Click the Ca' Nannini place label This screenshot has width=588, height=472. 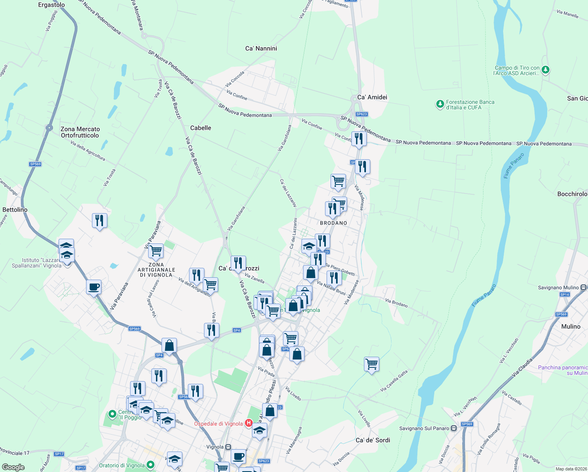[x=261, y=48]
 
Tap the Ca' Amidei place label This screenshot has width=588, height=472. [x=372, y=97]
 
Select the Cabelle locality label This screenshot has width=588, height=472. [x=200, y=128]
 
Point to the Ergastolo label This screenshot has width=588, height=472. [x=51, y=5]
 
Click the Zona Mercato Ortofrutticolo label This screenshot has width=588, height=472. [x=80, y=132]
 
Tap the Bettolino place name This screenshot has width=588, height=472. [x=15, y=210]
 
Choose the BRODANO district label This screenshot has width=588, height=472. [x=333, y=223]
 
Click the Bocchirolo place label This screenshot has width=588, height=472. [x=572, y=194]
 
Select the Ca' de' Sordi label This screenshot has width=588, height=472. [x=373, y=440]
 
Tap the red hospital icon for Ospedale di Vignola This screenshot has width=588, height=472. [x=248, y=423]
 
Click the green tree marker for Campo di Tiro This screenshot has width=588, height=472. [x=545, y=70]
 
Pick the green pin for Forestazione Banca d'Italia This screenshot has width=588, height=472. [x=440, y=104]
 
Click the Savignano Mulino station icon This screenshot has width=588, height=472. [x=584, y=288]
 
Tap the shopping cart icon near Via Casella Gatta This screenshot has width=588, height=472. [x=371, y=364]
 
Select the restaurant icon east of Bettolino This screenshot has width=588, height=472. [x=99, y=220]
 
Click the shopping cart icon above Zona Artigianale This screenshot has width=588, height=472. [x=156, y=251]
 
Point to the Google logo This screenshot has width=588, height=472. [x=13, y=467]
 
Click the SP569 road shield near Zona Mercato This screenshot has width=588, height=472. [x=35, y=164]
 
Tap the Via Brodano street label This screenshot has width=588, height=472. [x=396, y=303]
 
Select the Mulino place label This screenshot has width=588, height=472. [x=571, y=326]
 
